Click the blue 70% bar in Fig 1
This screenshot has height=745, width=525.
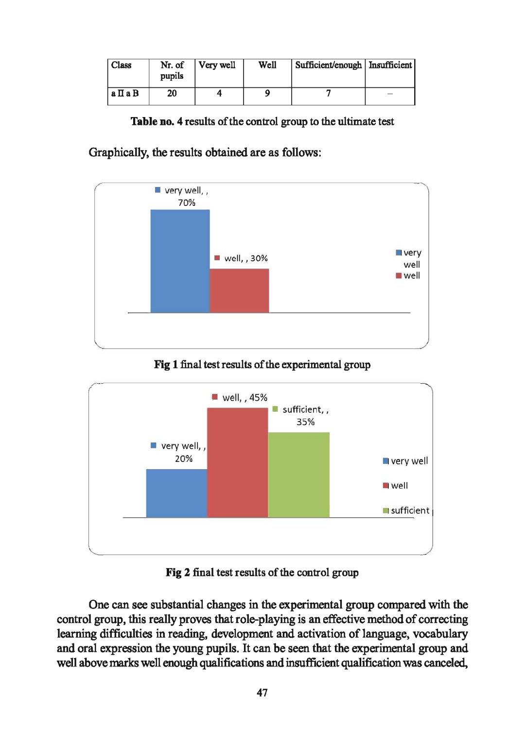click(180, 261)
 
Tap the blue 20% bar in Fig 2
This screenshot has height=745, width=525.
click(176, 493)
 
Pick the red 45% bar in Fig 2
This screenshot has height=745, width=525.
click(237, 462)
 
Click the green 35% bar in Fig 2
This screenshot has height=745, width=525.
click(298, 474)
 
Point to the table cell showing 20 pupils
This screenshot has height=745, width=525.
click(172, 93)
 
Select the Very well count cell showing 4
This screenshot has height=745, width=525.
click(219, 93)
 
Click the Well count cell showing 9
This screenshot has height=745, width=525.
click(267, 93)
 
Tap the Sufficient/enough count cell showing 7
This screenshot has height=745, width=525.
click(329, 93)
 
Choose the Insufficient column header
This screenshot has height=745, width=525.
click(390, 65)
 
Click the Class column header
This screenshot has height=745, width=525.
click(122, 65)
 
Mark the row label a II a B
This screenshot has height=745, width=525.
click(125, 93)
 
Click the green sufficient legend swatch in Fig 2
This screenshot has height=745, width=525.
click(385, 510)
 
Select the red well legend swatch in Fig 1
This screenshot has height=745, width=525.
click(399, 276)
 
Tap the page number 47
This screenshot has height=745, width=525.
click(262, 693)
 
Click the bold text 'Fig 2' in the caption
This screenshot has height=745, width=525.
click(177, 573)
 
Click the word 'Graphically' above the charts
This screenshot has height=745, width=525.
click(118, 152)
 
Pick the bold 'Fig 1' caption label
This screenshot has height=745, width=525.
click(166, 365)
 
